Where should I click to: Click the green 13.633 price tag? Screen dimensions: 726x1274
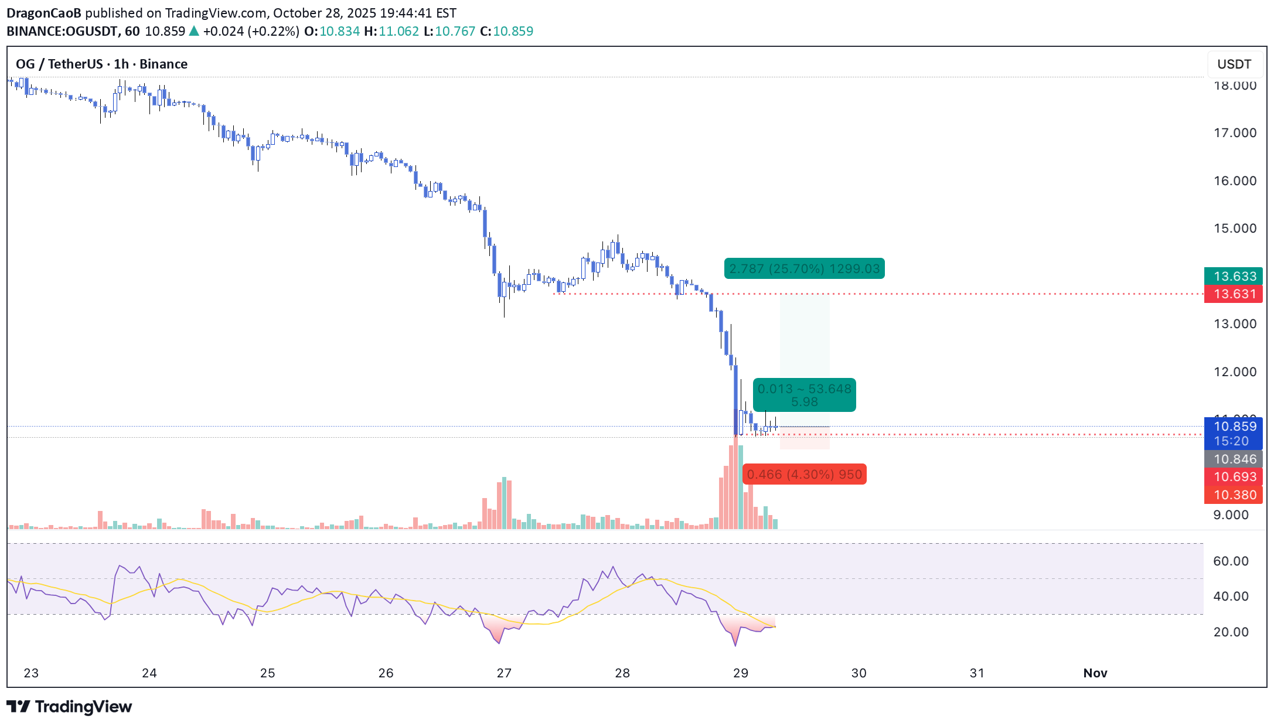[x=1234, y=276]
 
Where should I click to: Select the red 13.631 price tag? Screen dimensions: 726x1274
[x=1234, y=294]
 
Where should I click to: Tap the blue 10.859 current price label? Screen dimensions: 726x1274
[x=1234, y=427]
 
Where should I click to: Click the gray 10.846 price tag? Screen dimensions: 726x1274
[x=1234, y=459]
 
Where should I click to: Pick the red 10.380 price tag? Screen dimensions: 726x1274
[x=1234, y=495]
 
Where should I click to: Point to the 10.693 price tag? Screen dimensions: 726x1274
[x=1234, y=477]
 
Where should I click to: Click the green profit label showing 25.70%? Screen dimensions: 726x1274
[x=804, y=269]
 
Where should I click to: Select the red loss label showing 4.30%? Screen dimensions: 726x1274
[x=804, y=474]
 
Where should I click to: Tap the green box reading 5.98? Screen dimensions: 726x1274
[x=804, y=396]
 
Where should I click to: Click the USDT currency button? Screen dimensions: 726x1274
[x=1234, y=64]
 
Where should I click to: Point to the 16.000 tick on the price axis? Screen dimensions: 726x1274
[x=1235, y=181]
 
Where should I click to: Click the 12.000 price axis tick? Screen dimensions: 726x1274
[x=1235, y=372]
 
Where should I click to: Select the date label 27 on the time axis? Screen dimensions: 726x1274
[x=504, y=673]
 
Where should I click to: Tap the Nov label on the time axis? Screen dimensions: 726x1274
[x=1095, y=673]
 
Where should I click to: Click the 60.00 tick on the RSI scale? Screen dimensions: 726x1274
[x=1231, y=561]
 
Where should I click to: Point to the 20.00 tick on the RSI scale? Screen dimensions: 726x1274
[x=1231, y=632]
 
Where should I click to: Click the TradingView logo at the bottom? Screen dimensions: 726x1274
[x=69, y=707]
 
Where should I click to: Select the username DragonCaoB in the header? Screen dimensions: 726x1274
[x=44, y=13]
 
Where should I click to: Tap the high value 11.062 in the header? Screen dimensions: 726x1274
[x=398, y=31]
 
